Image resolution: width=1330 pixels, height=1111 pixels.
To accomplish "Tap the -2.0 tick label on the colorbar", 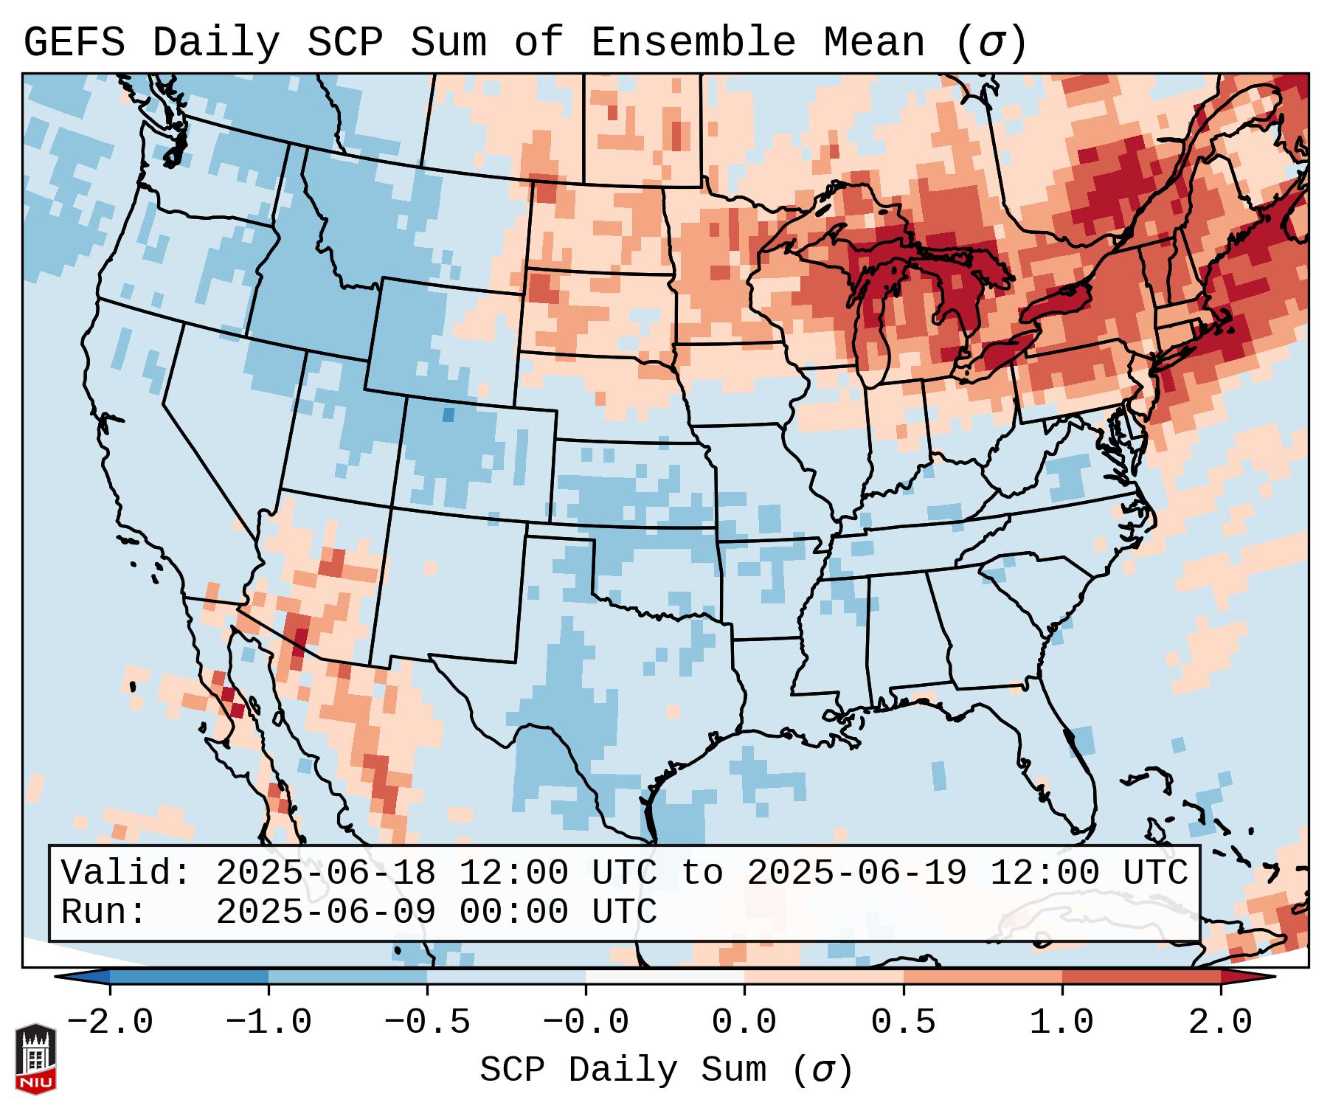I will click(x=110, y=1022).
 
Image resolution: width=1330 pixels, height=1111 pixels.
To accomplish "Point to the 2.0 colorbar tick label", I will click(x=1221, y=1022).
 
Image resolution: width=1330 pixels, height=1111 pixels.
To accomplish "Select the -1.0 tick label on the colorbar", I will click(x=269, y=1022).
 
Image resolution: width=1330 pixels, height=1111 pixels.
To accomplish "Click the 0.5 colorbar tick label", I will click(x=903, y=1022).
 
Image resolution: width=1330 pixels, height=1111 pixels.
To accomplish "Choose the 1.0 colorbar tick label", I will click(x=1061, y=1022).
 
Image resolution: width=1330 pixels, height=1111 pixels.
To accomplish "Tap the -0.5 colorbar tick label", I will click(x=427, y=1022).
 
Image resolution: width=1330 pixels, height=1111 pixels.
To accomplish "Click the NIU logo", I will click(x=35, y=1059).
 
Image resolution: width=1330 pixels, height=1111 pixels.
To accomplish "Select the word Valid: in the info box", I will click(x=126, y=873).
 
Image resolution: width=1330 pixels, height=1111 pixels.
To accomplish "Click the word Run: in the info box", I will click(x=104, y=912).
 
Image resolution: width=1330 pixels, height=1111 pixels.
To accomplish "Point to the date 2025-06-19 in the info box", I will click(x=857, y=873).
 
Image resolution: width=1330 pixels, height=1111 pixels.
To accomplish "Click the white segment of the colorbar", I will click(x=665, y=977).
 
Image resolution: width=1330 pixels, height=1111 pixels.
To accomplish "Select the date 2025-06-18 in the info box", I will click(x=325, y=873).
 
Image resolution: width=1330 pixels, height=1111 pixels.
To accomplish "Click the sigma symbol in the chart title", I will click(x=991, y=44).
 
